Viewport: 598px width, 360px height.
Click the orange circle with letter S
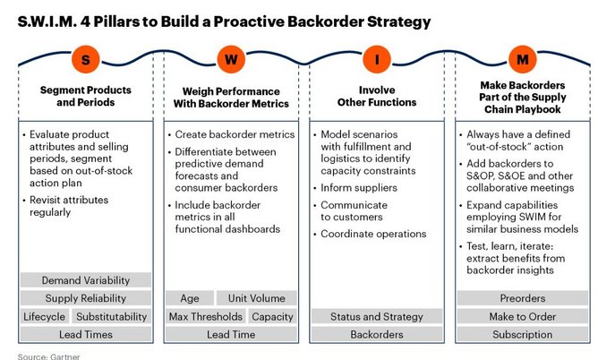[x=86, y=59]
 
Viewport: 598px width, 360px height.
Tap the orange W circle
[x=231, y=59]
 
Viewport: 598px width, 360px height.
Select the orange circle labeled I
[x=377, y=59]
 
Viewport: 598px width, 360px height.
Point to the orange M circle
[x=523, y=59]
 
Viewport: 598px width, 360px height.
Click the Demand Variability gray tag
[x=86, y=280]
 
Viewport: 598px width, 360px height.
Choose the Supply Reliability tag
[x=86, y=298]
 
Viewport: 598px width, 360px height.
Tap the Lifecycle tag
[x=44, y=316]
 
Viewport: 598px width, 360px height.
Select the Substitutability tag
[x=111, y=316]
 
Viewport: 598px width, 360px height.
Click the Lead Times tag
[x=86, y=334]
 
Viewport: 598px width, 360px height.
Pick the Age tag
[x=190, y=298]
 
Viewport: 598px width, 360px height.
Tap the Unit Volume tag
[x=257, y=298]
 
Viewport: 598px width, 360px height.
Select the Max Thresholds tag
[x=206, y=316]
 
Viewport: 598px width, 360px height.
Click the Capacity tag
[x=273, y=316]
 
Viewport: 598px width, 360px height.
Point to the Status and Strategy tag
[x=377, y=316]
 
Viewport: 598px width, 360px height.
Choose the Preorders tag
[x=523, y=298]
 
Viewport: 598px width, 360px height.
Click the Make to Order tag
[x=523, y=316]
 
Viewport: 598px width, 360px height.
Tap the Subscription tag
[x=523, y=334]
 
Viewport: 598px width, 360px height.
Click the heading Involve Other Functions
[x=377, y=96]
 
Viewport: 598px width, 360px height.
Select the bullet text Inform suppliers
[x=359, y=188]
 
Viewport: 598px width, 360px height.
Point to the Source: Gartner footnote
[x=49, y=356]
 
